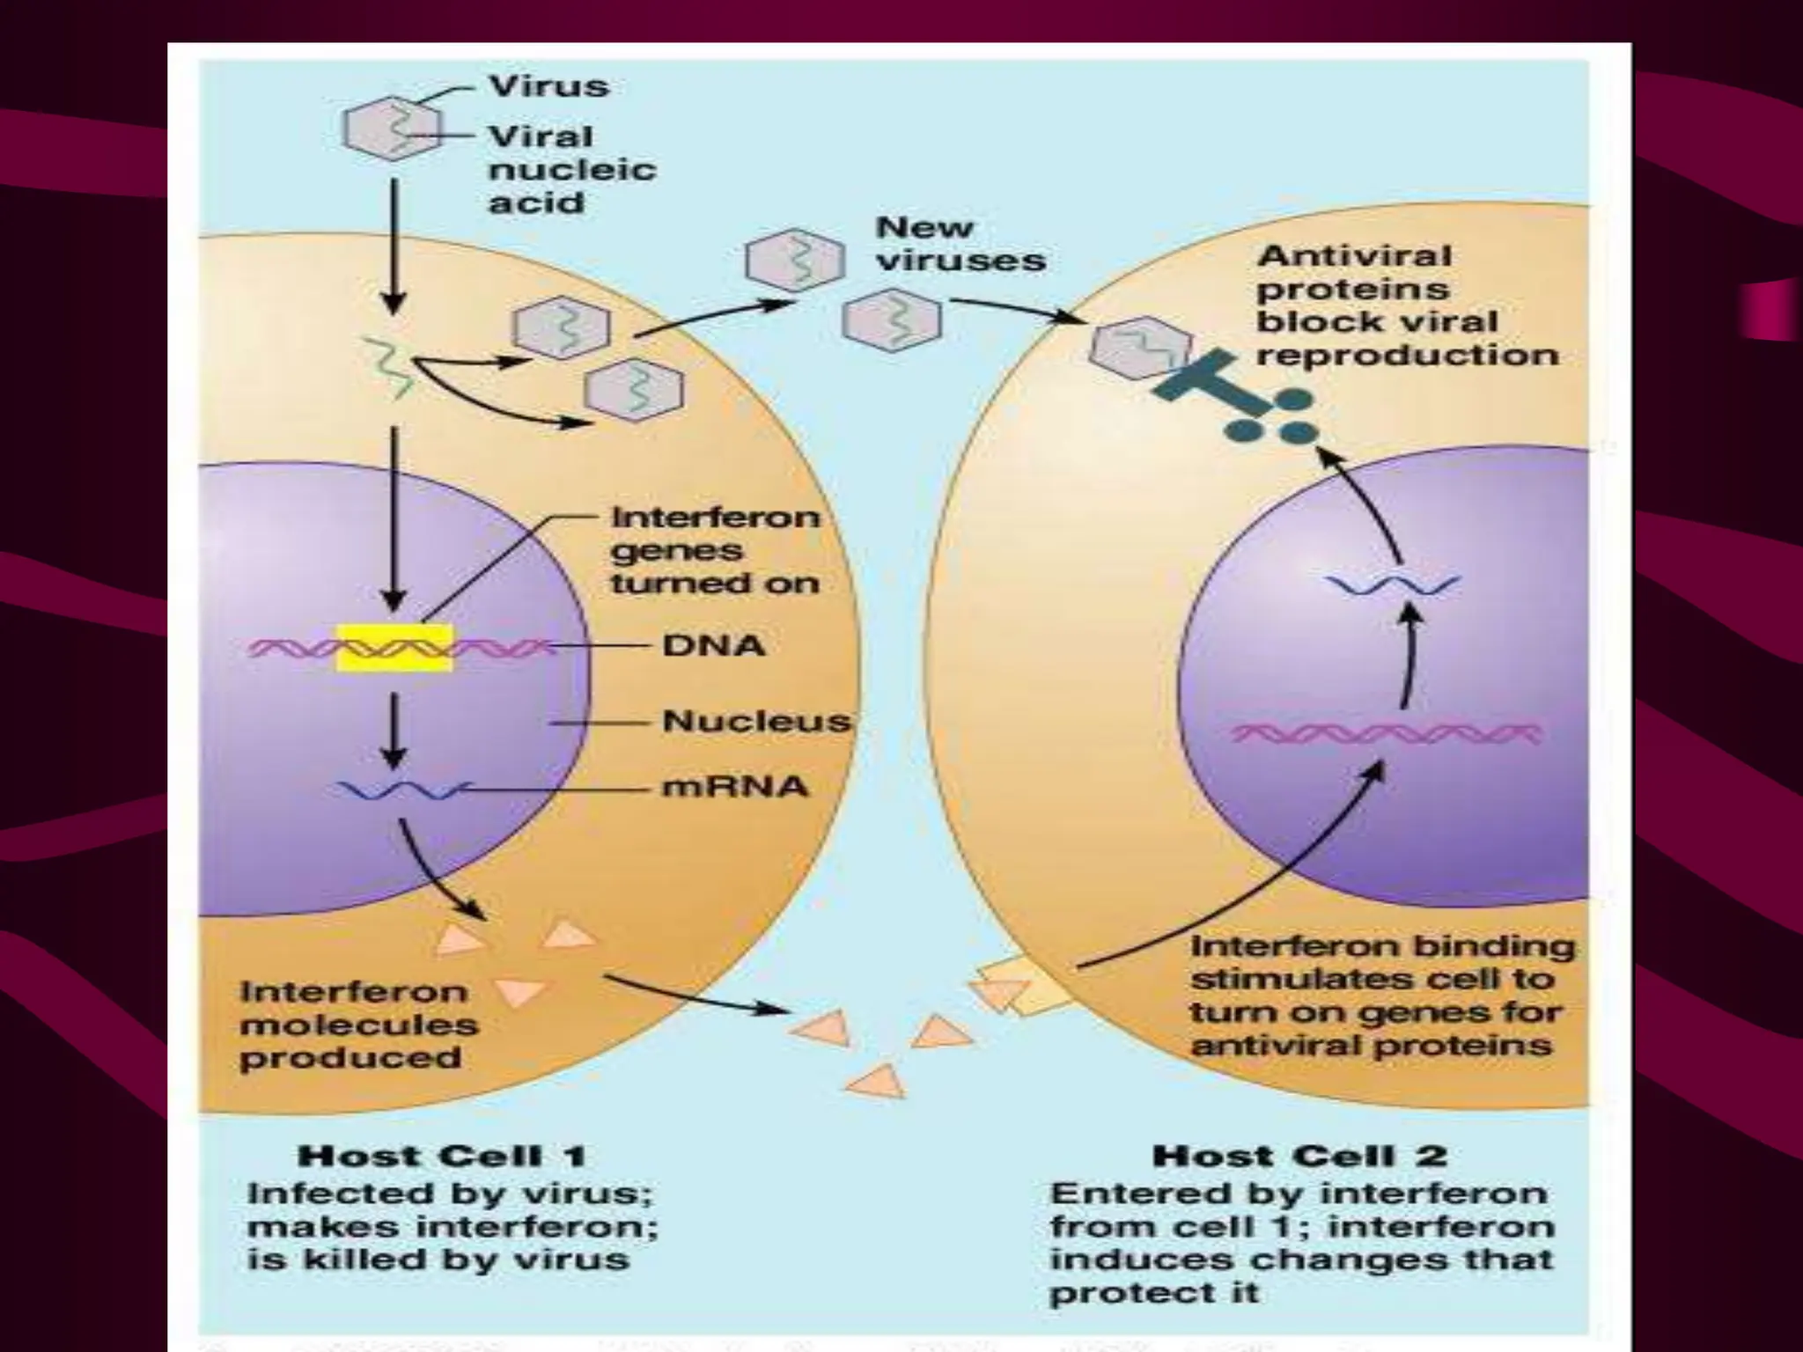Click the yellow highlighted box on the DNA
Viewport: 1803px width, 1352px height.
(x=394, y=647)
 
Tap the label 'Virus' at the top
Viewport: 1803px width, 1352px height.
(x=548, y=86)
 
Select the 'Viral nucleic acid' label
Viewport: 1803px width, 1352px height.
(x=571, y=169)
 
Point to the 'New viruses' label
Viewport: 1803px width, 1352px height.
(x=960, y=244)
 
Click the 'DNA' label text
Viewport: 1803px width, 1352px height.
(x=713, y=645)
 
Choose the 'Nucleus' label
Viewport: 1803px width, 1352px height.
(x=756, y=721)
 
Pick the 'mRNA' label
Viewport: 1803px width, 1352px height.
(x=734, y=785)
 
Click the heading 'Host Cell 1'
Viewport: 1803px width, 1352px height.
(x=443, y=1155)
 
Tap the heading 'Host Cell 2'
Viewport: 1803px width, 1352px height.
(x=1300, y=1155)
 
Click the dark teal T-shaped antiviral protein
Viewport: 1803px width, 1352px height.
(x=1206, y=378)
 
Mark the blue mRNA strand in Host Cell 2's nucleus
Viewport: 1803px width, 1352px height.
(x=1393, y=584)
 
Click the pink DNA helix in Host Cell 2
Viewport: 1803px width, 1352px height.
(x=1387, y=733)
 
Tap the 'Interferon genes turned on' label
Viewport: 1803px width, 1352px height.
(x=715, y=550)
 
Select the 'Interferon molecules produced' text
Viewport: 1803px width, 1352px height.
(x=357, y=1025)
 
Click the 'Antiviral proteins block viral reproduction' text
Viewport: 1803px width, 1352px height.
(x=1406, y=305)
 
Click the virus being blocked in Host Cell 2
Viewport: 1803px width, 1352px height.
(x=1138, y=347)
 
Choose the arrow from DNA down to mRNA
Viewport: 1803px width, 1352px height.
(x=394, y=731)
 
